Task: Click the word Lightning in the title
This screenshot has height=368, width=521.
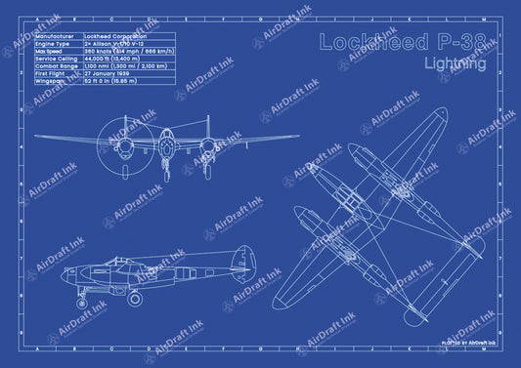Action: pyautogui.click(x=456, y=64)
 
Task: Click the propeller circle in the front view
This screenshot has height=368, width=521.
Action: pyautogui.click(x=124, y=130)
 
